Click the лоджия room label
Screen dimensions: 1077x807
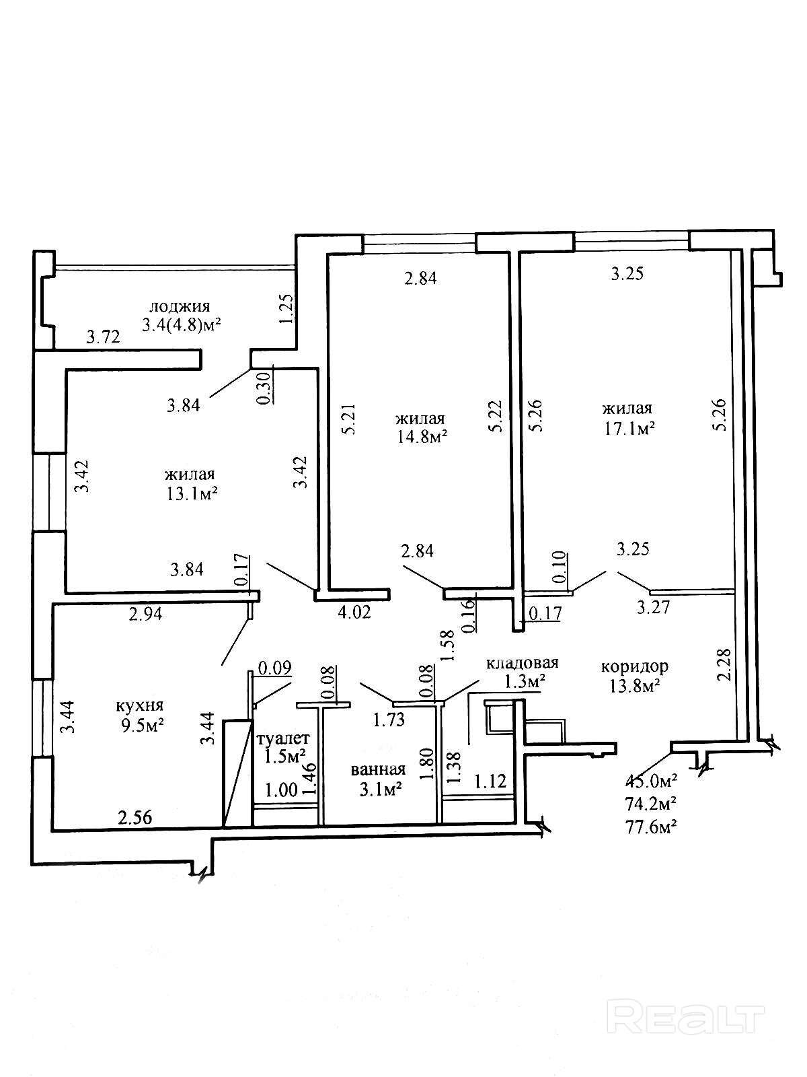click(x=179, y=307)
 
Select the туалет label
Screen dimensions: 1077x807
click(x=282, y=738)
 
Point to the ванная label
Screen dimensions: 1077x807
click(x=377, y=769)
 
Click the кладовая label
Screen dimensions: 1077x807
click(x=522, y=663)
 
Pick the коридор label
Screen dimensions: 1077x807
click(x=634, y=666)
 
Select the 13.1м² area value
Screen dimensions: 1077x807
click(x=192, y=493)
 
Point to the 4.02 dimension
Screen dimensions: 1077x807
click(x=353, y=612)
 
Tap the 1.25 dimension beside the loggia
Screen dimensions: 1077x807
click(x=285, y=309)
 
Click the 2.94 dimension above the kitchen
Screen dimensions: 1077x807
click(x=145, y=613)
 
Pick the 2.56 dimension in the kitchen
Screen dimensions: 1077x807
click(x=134, y=817)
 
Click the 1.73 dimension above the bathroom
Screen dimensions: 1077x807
click(x=389, y=720)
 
